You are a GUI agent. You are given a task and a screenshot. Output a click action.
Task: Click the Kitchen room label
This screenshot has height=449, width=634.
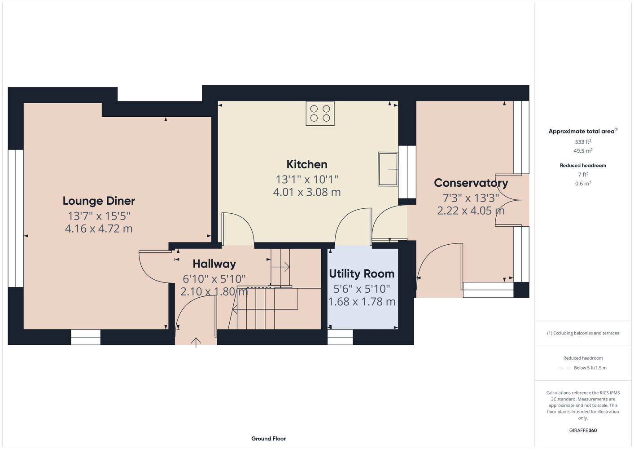coord(307,164)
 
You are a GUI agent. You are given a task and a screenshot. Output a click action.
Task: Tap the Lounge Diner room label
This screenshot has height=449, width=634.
coord(99,201)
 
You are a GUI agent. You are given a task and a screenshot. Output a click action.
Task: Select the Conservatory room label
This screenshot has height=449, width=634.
coord(471,183)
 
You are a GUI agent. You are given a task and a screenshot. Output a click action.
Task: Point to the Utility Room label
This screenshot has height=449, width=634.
coord(362,274)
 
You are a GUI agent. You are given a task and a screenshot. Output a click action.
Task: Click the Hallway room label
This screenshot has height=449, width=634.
coord(214,264)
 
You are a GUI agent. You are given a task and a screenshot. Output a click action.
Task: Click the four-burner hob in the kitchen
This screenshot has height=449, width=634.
coord(320,113)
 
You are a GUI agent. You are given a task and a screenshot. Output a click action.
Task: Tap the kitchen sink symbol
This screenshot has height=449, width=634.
coord(388,169)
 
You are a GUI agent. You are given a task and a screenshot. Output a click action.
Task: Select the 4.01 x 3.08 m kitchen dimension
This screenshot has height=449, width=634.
coord(307,192)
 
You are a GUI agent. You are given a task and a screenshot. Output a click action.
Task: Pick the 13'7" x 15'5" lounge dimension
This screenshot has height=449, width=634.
coord(99,216)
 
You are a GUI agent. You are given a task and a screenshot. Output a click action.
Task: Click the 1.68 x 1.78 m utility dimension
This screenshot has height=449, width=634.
coord(362,302)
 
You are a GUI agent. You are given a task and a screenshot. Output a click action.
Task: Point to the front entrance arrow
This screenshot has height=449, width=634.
coord(196,343)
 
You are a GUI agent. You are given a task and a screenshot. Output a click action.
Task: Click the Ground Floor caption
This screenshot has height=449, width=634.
coord(269,439)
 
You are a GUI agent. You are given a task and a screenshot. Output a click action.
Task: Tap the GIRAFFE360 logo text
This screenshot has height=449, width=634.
coord(583,430)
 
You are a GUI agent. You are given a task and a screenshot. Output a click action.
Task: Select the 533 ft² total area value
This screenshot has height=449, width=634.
coord(583,141)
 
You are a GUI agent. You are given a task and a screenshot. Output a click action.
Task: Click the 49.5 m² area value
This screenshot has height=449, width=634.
coord(583,151)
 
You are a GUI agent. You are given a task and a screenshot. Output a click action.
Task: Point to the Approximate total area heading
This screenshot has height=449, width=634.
coord(583,131)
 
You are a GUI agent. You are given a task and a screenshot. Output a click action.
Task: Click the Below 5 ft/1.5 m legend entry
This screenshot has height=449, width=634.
coord(590,368)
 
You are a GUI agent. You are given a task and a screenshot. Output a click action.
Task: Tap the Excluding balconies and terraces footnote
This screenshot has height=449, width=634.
coord(583,333)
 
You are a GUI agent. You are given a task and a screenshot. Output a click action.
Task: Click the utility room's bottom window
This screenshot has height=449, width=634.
coord(340,337)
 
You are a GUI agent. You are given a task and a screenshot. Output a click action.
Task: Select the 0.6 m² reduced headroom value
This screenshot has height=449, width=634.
coord(583,183)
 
